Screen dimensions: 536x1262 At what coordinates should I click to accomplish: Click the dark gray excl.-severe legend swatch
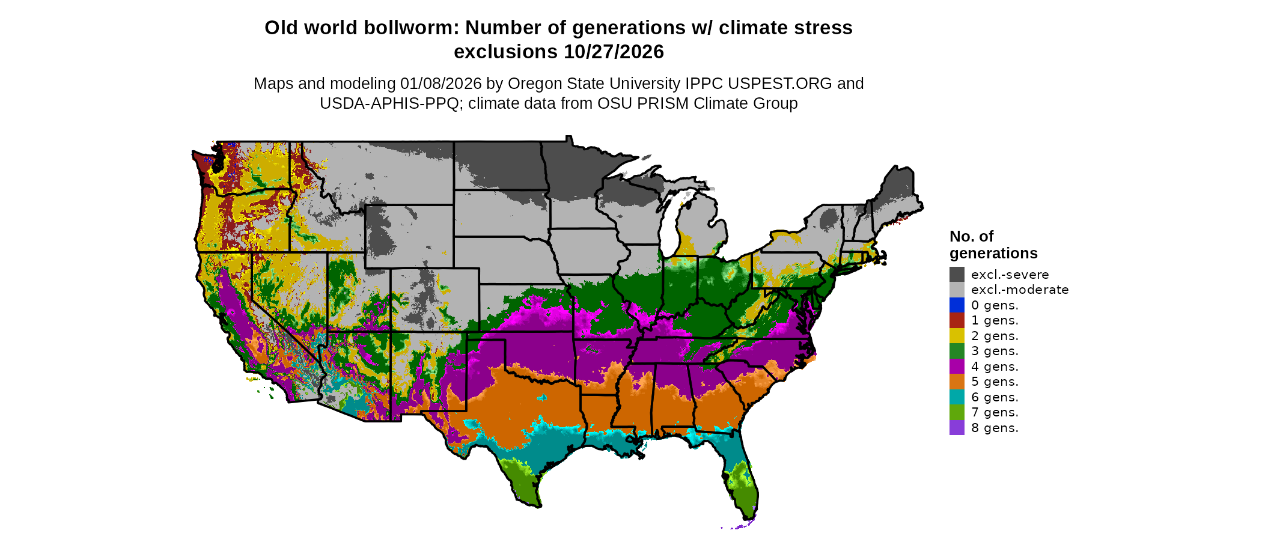click(x=957, y=275)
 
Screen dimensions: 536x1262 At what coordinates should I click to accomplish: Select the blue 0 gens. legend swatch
click(x=957, y=305)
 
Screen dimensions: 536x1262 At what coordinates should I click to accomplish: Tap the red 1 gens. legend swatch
click(x=957, y=320)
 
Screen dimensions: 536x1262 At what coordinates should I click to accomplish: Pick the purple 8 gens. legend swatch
click(x=957, y=428)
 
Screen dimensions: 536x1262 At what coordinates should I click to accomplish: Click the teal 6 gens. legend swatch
click(x=957, y=397)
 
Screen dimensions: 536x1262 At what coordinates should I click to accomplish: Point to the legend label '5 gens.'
click(x=995, y=382)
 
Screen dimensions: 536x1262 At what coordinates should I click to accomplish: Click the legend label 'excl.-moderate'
click(x=1020, y=290)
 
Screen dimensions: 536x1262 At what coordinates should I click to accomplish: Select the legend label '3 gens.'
click(x=995, y=351)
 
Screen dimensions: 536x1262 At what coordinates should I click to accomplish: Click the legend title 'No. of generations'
click(x=993, y=245)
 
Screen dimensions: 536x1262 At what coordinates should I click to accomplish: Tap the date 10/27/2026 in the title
click(x=614, y=52)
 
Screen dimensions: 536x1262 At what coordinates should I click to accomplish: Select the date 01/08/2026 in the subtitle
click(x=440, y=84)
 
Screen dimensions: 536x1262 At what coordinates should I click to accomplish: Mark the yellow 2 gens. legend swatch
click(x=957, y=336)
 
